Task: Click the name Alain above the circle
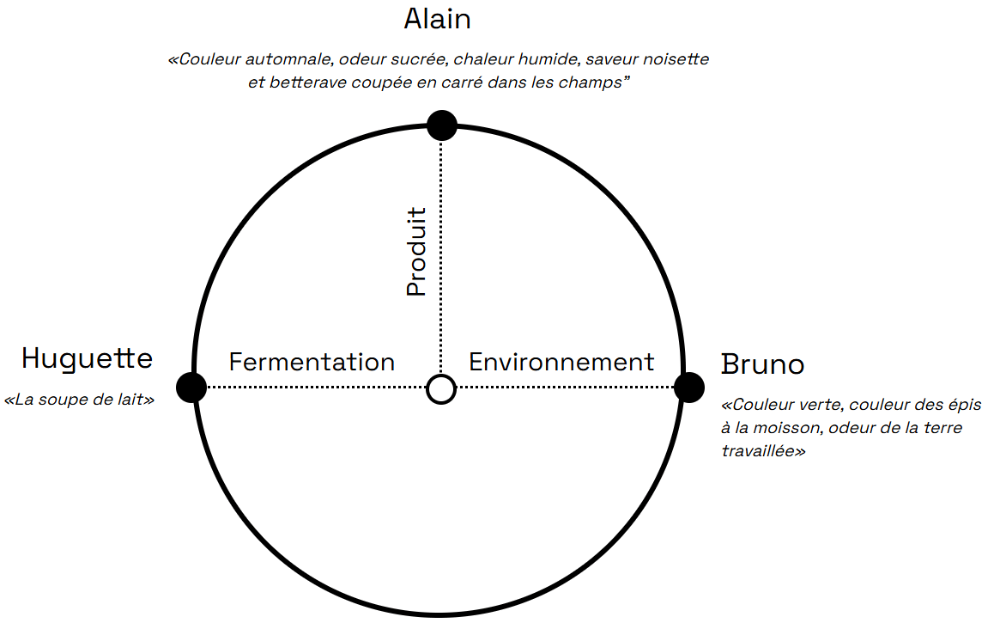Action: coord(438,19)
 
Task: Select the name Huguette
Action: coord(87,358)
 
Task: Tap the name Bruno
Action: coord(762,364)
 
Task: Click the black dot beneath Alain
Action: coord(441,125)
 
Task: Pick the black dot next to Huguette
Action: coord(191,388)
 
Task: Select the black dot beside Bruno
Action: coord(689,388)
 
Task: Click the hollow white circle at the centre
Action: coord(441,388)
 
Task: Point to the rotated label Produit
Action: coord(416,252)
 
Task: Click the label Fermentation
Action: coord(312,362)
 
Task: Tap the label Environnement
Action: coord(561,362)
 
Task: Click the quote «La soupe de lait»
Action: coord(79,400)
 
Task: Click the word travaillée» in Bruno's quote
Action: coord(763,450)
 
